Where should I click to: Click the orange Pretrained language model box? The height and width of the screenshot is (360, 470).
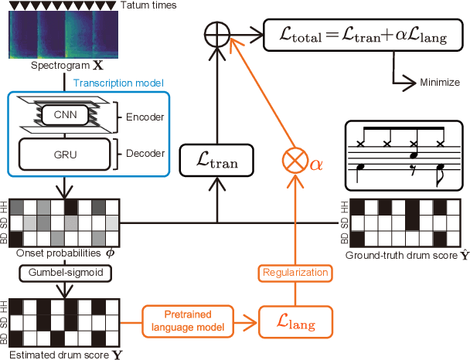pos(183,318)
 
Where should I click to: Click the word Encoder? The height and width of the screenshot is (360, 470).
pos(141,117)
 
